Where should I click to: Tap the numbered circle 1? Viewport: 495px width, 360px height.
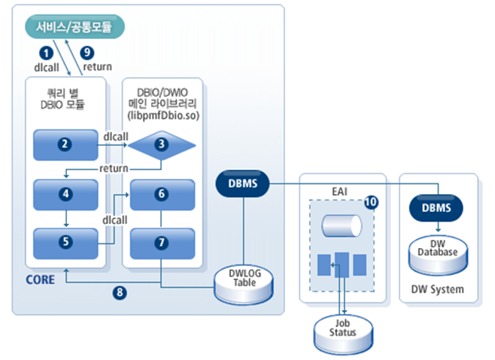(45, 53)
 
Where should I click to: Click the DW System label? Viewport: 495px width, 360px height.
(437, 289)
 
